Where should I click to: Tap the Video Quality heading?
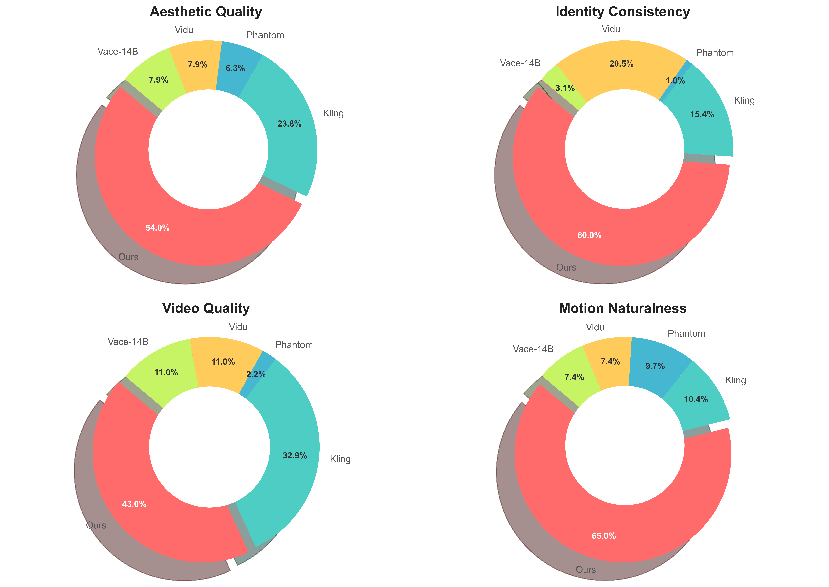(206, 308)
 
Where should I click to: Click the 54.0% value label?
(158, 228)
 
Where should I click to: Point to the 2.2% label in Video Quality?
(256, 374)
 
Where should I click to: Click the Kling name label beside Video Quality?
(340, 459)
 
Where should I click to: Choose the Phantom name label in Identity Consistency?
(715, 53)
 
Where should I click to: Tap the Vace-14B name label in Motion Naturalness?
(533, 349)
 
